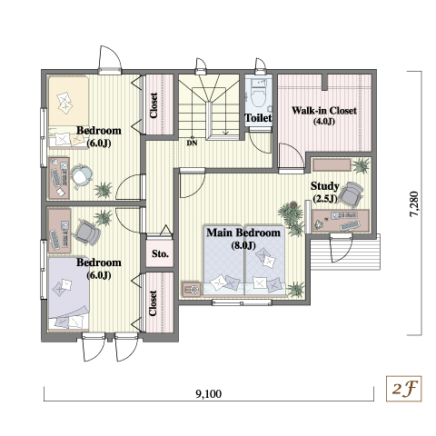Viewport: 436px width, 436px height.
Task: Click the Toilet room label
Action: click(x=258, y=118)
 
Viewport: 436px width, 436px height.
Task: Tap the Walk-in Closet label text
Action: click(x=324, y=111)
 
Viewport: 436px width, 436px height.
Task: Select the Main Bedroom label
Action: click(x=243, y=233)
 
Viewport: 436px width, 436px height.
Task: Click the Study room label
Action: click(x=324, y=186)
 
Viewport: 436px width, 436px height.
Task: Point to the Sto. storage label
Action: click(x=160, y=253)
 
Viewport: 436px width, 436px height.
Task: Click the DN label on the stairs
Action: click(x=192, y=143)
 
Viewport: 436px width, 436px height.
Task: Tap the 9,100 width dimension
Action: click(x=209, y=393)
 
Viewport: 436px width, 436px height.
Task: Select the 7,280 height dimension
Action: click(x=413, y=203)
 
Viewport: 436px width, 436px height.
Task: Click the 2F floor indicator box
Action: click(x=403, y=389)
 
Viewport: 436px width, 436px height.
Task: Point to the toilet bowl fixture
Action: click(x=258, y=95)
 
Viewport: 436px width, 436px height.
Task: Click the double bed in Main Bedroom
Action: click(x=244, y=260)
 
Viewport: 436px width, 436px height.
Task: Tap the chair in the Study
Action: click(x=351, y=193)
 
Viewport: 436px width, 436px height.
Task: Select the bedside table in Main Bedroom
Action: click(x=192, y=289)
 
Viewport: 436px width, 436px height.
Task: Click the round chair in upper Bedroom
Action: click(x=81, y=176)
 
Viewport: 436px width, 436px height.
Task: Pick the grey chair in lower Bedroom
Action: click(x=88, y=233)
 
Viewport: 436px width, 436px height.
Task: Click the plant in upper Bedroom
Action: click(x=104, y=190)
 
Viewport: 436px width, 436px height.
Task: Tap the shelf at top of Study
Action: click(x=332, y=165)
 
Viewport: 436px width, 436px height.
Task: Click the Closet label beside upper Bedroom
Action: click(x=154, y=105)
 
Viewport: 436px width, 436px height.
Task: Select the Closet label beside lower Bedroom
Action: click(x=154, y=303)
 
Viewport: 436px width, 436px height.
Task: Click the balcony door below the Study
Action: click(x=342, y=248)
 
